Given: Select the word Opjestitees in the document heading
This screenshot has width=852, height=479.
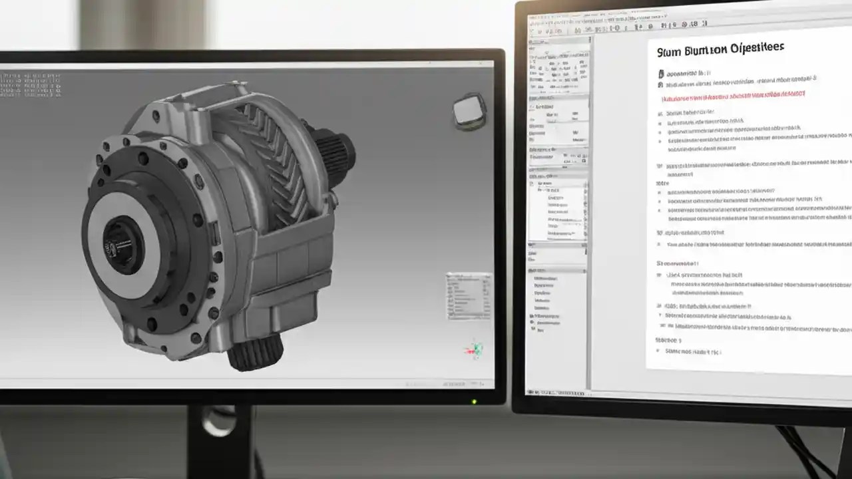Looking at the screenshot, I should tap(757, 48).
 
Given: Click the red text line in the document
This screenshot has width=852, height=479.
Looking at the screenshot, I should tap(732, 96).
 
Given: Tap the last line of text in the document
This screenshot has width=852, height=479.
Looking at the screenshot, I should tap(692, 351).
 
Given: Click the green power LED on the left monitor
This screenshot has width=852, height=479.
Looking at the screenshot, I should tap(474, 401).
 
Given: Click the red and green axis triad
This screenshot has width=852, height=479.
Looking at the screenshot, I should tap(474, 349).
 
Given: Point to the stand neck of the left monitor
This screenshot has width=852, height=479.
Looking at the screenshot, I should tap(220, 439).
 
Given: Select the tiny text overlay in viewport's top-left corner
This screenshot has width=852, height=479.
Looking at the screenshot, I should tap(30, 85).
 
